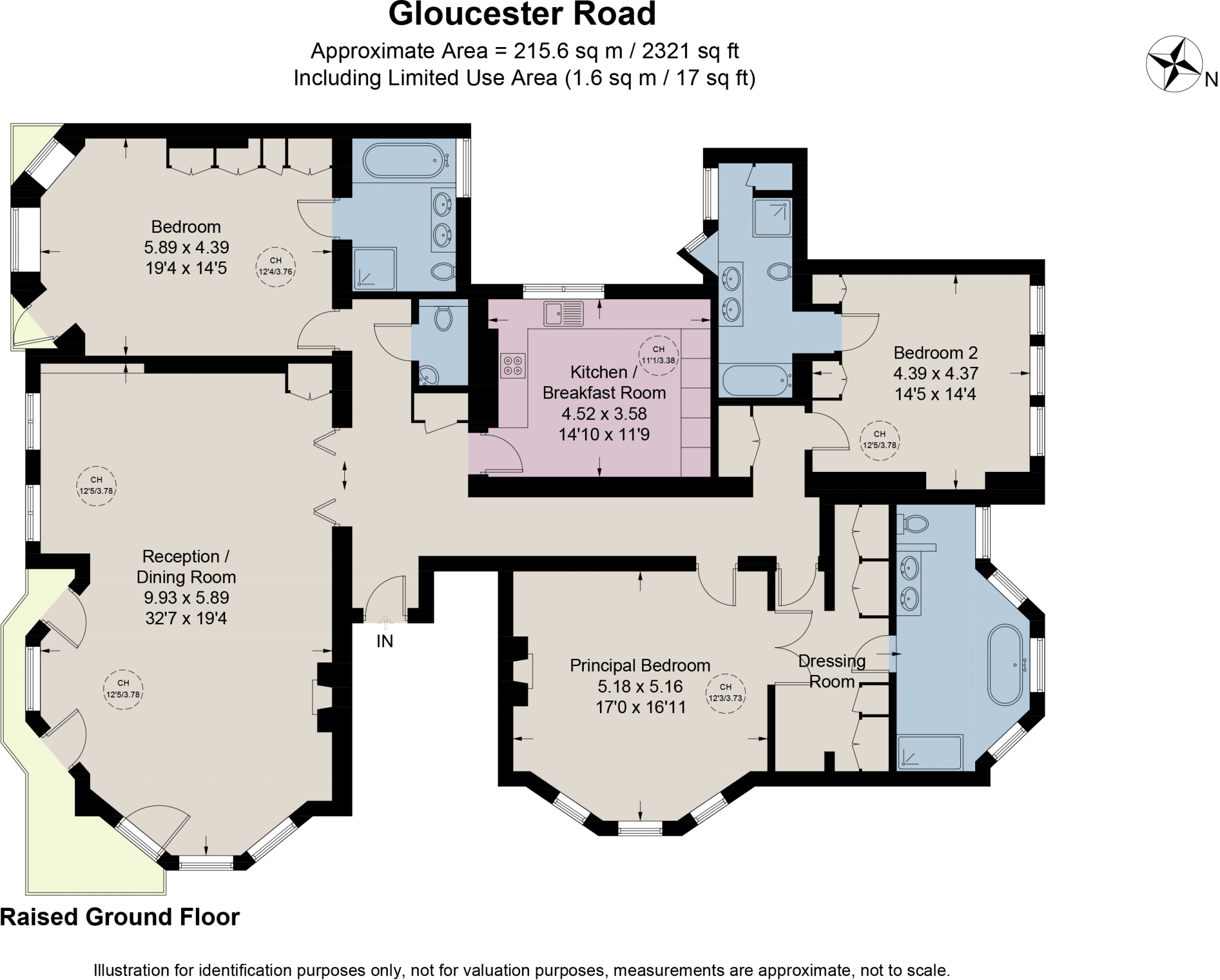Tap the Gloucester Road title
522,14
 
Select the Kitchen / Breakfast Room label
603,382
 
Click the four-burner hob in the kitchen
513,366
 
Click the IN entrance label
385,642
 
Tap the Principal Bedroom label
640,665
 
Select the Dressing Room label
832,671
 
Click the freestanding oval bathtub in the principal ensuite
1006,665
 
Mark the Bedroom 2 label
935,353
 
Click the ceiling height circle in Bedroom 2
879,440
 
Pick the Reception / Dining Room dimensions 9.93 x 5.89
186,598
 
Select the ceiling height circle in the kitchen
658,355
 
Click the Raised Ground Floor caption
120,917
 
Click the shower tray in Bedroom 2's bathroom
772,218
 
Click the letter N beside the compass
1211,80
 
